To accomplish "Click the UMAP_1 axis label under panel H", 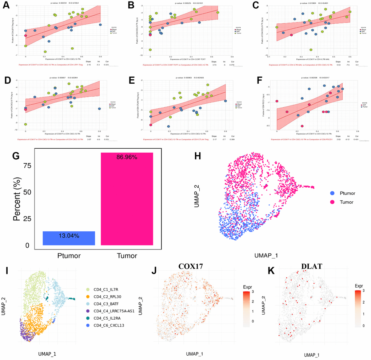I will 266,255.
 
